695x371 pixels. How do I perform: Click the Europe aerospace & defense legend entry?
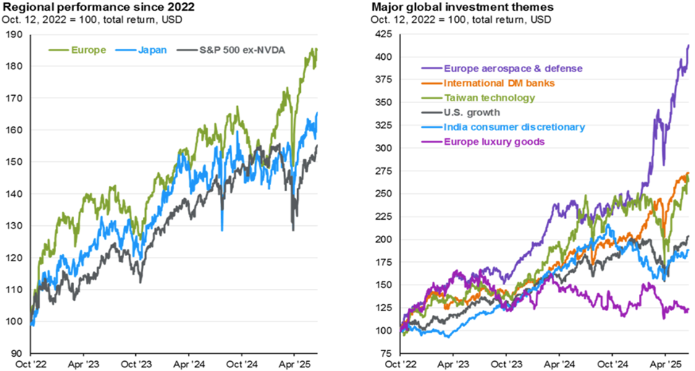coord(513,68)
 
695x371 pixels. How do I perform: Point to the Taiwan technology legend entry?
coord(490,98)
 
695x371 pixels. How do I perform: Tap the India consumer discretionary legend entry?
coord(515,127)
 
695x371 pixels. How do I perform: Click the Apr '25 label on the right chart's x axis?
coord(664,365)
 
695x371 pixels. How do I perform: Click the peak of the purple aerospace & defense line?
coord(688,45)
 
